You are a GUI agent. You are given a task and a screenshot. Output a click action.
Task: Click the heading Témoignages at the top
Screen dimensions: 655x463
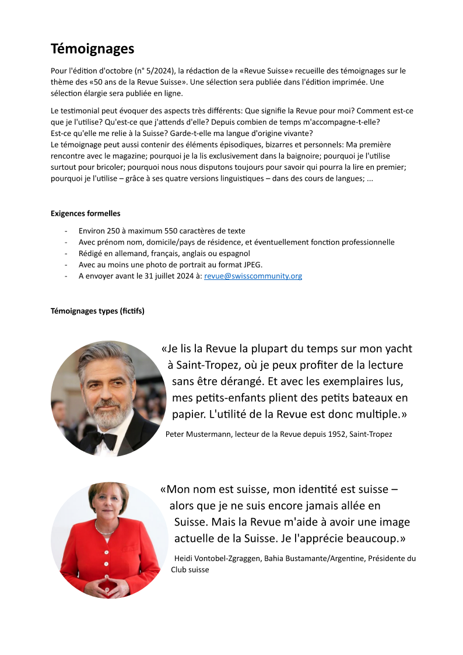pyautogui.click(x=92, y=48)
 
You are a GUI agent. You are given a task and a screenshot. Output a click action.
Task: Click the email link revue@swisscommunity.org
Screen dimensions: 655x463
pyautogui.click(x=252, y=276)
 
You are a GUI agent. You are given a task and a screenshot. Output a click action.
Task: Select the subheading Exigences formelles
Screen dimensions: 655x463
pyautogui.click(x=85, y=213)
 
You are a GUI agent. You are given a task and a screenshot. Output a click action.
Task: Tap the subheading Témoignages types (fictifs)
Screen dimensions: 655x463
pyautogui.click(x=97, y=311)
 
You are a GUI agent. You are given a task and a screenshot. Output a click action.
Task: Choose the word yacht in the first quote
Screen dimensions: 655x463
pyautogui.click(x=398, y=349)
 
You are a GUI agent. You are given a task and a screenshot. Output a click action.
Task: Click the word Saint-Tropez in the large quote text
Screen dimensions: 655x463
pyautogui.click(x=201, y=365)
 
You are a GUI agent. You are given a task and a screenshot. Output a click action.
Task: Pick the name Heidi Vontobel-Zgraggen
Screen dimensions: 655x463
pyautogui.click(x=217, y=558)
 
